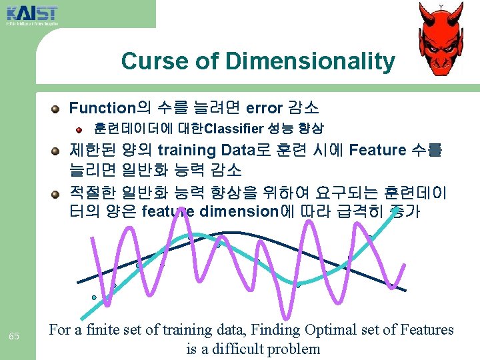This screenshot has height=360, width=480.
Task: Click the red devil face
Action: [x=439, y=38]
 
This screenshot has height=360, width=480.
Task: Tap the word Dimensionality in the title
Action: [x=310, y=61]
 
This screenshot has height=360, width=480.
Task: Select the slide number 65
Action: [x=14, y=335]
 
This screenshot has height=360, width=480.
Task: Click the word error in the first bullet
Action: [x=265, y=107]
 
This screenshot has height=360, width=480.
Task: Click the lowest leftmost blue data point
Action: [x=94, y=297]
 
